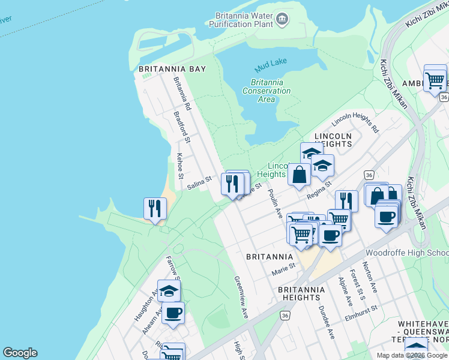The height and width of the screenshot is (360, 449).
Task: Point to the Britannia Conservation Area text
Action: [x=267, y=91]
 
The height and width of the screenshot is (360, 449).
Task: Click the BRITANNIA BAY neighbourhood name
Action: [x=172, y=69]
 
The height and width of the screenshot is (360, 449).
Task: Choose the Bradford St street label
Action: [x=181, y=127]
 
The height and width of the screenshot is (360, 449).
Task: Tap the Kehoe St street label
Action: [x=179, y=166]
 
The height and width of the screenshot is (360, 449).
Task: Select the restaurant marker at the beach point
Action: [x=155, y=209]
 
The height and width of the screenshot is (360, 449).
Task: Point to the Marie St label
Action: [x=283, y=269]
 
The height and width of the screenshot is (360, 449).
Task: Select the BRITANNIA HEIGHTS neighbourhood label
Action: [x=301, y=293]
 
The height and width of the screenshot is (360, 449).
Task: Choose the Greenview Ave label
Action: [x=241, y=296]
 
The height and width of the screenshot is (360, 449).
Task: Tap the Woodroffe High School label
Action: [x=406, y=253]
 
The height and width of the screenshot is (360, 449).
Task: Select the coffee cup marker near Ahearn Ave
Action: [x=173, y=313]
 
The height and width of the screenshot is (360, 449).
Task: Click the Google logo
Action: [x=20, y=353]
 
